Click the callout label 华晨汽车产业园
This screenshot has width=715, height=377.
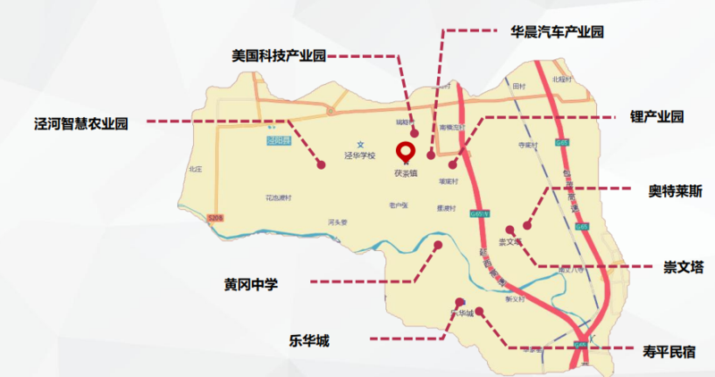(557, 32)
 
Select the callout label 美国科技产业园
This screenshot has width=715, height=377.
(278, 55)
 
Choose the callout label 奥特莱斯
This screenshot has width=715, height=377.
(676, 190)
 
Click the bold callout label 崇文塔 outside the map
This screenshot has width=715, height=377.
(683, 266)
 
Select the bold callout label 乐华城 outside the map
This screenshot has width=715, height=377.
(309, 339)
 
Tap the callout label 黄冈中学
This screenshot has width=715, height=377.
(251, 284)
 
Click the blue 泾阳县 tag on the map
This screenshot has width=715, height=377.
(279, 140)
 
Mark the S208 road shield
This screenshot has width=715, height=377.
(214, 217)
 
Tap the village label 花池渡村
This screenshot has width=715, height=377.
(279, 197)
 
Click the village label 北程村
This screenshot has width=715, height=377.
(561, 80)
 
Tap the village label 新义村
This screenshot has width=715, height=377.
(514, 300)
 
